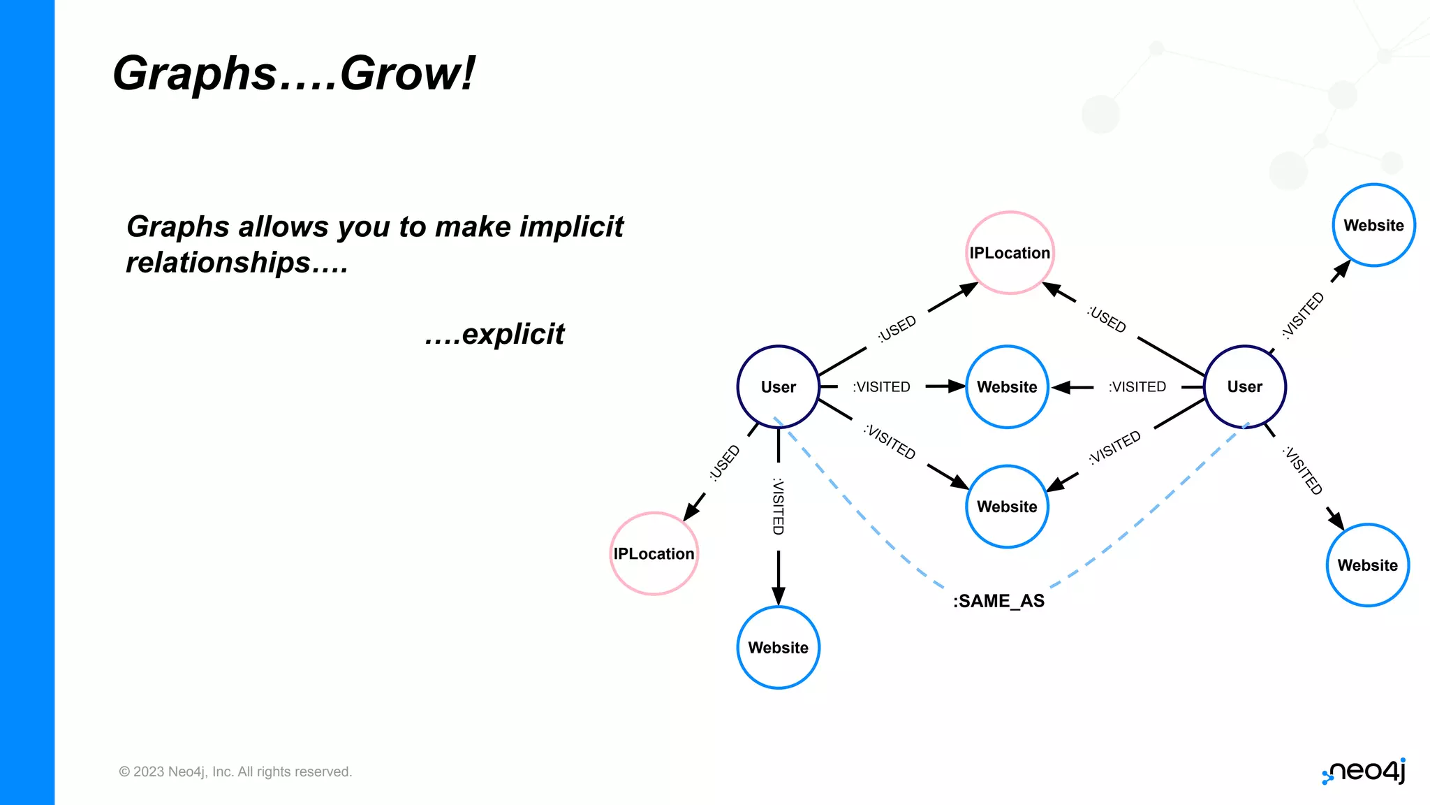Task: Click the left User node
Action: tap(778, 386)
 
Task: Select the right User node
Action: tap(1244, 386)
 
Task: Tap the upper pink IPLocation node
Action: tap(1010, 253)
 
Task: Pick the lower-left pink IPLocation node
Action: tap(654, 553)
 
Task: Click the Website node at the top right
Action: tap(1373, 225)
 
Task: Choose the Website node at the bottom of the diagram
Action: tap(778, 647)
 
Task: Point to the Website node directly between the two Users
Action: tap(1007, 386)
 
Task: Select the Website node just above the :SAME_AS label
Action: tap(1007, 506)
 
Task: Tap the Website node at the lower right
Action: tap(1367, 565)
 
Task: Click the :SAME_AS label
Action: tap(998, 601)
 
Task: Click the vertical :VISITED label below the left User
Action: tap(778, 506)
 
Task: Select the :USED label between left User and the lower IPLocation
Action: tap(724, 463)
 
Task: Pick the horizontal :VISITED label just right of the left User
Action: tap(881, 386)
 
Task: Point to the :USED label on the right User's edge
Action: tap(1107, 319)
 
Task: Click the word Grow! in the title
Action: tap(407, 73)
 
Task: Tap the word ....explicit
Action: tap(494, 334)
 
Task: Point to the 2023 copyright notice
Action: tap(235, 771)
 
